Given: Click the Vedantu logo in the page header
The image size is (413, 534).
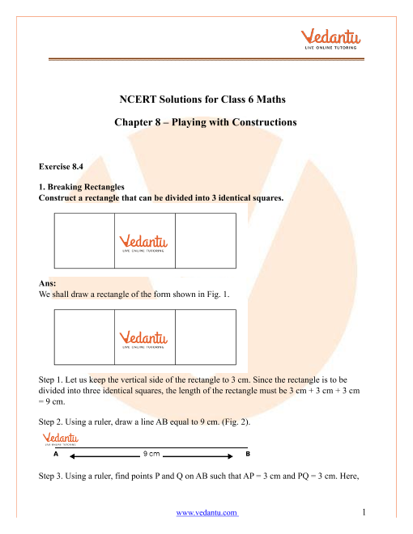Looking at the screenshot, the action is [330, 39].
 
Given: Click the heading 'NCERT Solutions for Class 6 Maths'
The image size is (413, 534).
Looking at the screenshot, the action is [202, 99].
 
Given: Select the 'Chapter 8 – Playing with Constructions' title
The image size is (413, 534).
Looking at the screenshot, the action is [206, 122].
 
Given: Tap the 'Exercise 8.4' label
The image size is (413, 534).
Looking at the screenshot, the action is [61, 167].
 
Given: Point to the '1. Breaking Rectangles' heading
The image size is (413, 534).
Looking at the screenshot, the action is [82, 187].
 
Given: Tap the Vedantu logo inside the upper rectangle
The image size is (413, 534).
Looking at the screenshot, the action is [143, 244].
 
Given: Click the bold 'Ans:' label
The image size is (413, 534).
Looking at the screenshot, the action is [47, 283].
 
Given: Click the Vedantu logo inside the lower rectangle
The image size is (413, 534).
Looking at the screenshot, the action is [143, 340].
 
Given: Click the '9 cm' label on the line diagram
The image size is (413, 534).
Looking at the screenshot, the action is [151, 454].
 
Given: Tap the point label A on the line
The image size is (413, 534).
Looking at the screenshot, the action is [56, 454].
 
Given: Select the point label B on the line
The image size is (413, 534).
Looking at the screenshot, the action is [248, 454].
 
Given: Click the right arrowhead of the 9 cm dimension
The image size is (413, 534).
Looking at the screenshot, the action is [230, 456].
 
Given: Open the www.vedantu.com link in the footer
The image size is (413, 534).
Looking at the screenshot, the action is [206, 512].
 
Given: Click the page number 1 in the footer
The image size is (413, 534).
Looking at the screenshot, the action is [364, 512].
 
